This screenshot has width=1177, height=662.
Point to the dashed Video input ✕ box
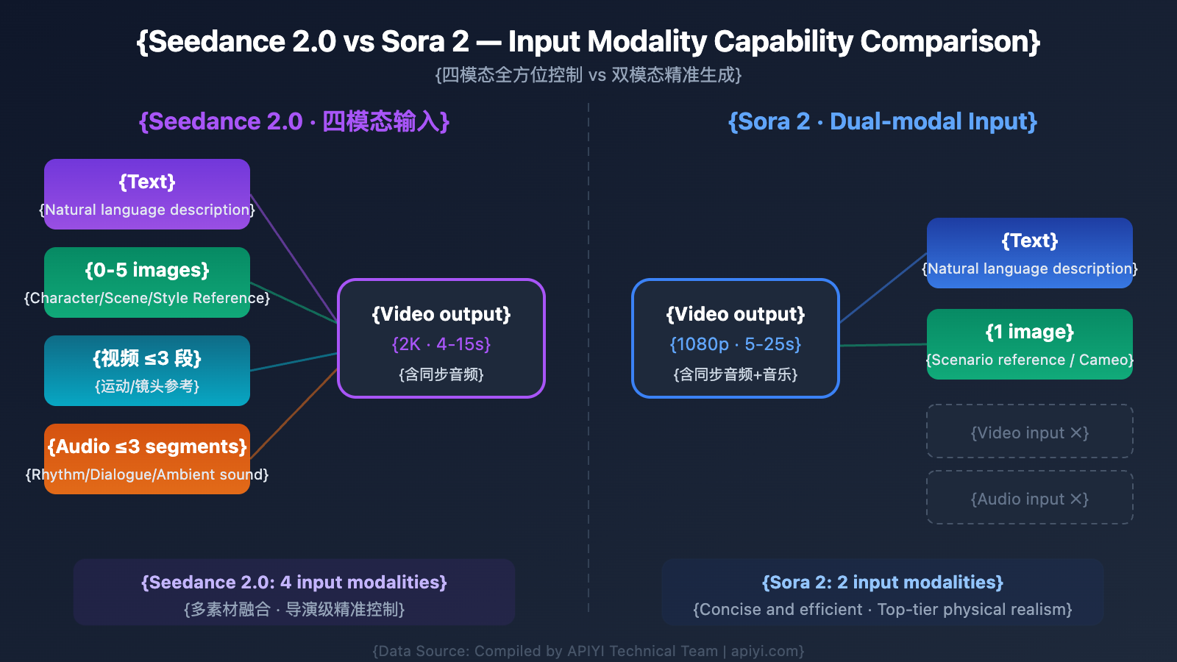tap(1030, 432)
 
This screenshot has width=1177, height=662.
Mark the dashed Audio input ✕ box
tap(1030, 498)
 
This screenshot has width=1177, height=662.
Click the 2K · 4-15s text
tap(441, 344)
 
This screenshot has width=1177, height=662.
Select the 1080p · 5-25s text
tap(736, 344)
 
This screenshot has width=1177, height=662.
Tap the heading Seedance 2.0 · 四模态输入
tap(294, 121)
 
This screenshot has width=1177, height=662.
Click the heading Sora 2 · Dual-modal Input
tap(883, 121)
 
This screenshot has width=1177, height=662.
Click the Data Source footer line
tap(588, 651)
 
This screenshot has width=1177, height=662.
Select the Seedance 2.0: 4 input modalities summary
tap(294, 583)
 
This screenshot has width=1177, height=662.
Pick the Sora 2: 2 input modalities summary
tap(883, 583)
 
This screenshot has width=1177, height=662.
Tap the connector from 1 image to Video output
tap(883, 345)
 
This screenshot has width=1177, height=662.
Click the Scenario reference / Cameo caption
tap(1030, 360)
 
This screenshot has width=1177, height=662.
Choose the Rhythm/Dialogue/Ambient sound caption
tap(147, 474)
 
